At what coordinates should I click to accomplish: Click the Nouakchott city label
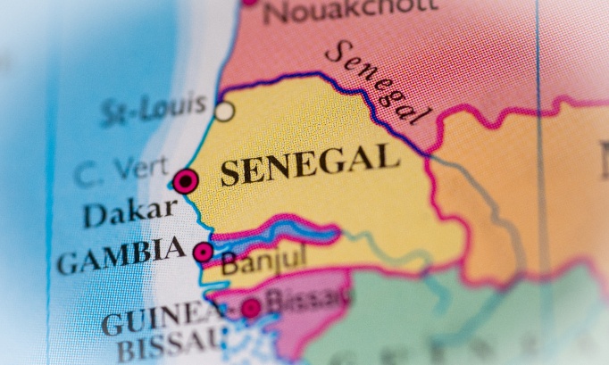coord(350,11)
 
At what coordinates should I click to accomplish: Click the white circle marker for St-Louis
coord(224,112)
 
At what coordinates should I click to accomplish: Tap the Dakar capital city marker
coord(185,181)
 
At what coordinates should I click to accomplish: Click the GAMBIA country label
coord(121,256)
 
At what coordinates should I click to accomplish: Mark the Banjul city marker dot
coord(204,252)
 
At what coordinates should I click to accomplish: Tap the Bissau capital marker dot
coord(251,308)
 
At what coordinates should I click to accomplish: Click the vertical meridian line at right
coord(538,134)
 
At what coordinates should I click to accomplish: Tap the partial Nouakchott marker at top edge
coord(249,4)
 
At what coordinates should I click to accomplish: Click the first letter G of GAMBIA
coord(66,263)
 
